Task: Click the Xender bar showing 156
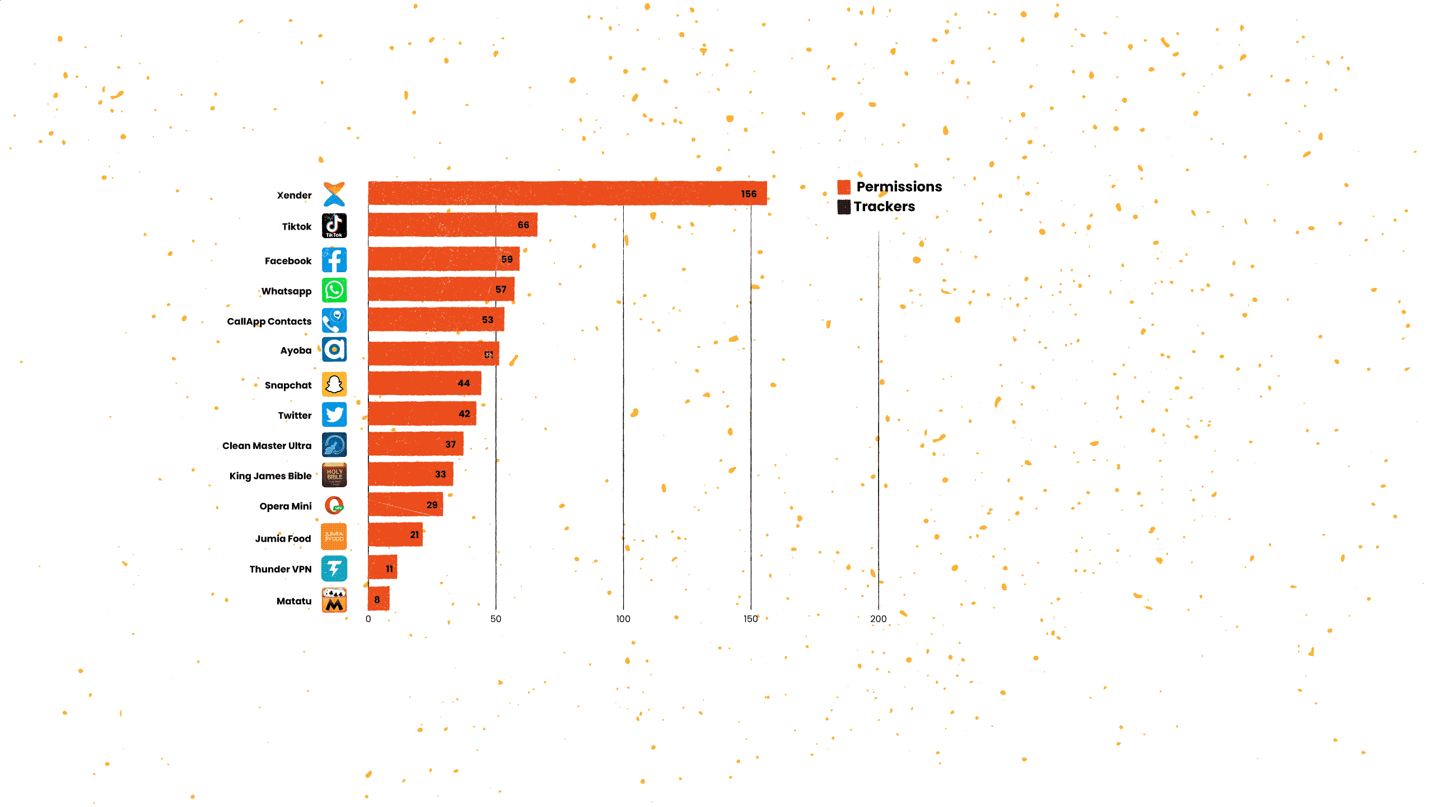pos(567,193)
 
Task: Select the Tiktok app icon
pos(334,226)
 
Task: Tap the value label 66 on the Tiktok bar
pos(523,225)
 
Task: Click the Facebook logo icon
pos(334,260)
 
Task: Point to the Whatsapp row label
pos(286,291)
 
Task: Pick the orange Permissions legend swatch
pos(844,187)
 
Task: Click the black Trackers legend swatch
pos(844,207)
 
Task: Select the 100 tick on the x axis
pos(623,619)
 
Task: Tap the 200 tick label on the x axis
pos(878,619)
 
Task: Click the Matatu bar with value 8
pos(379,599)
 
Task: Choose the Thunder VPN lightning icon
pos(334,568)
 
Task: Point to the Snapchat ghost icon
pos(334,385)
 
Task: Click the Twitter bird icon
pos(334,415)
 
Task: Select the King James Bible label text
pos(270,476)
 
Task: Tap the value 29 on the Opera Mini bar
pos(432,505)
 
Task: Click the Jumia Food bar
pos(395,535)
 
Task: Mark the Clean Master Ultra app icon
pos(334,445)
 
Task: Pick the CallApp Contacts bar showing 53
pos(436,320)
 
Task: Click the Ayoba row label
pos(296,351)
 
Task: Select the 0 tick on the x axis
pos(368,619)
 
